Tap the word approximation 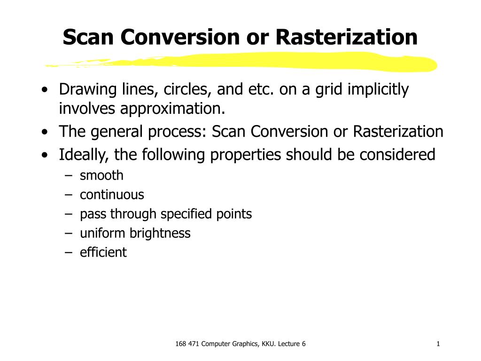click(171, 109)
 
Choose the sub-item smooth click(101, 176)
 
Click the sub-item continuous click(112, 195)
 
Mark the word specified click(183, 214)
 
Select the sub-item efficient click(103, 252)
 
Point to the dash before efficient click(70, 253)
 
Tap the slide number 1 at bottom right click(438, 344)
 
